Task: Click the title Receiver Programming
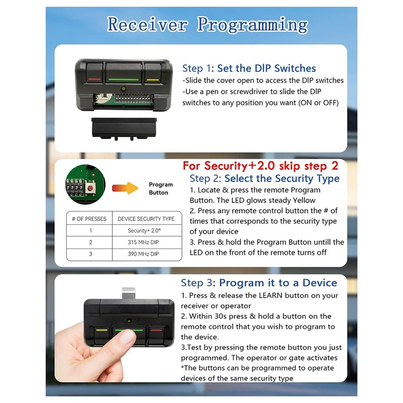(207, 24)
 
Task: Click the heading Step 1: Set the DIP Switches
(249, 68)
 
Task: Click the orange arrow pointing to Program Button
(124, 188)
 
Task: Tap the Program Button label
(161, 188)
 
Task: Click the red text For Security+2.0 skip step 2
(260, 166)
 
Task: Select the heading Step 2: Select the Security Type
(264, 178)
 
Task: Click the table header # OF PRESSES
(89, 219)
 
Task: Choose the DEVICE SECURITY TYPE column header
(146, 219)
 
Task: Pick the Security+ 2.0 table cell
(146, 231)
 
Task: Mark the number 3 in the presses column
(91, 254)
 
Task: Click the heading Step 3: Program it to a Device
(259, 283)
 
